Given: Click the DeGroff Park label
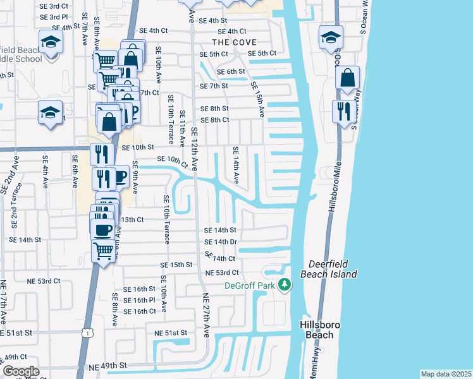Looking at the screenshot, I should click(251, 286).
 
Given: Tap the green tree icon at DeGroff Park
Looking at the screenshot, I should click(285, 285).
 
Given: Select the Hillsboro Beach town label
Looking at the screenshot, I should click(320, 329).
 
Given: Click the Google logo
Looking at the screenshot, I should click(21, 371).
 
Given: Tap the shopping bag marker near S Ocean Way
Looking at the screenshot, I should click(347, 79).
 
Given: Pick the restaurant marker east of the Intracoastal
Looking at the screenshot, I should click(344, 112).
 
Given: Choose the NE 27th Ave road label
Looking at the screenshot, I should click(207, 310).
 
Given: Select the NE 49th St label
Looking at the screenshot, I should click(108, 366).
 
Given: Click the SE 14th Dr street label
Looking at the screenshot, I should click(220, 242).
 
